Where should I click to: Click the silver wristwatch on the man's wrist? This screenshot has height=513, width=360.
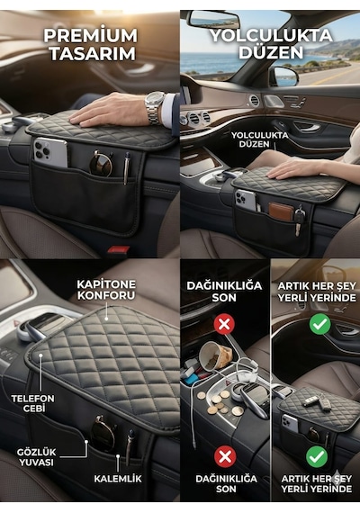155,108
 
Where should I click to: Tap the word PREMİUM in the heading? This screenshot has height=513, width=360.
91,36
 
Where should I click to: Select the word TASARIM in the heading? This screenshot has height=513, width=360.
93,54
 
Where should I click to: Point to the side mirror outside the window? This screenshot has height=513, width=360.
285,76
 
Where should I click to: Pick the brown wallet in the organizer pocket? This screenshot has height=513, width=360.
281,211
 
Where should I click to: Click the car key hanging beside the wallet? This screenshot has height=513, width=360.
299,220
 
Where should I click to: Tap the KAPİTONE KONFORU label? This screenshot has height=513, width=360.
106,290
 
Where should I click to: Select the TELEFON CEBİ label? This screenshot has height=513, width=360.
32,403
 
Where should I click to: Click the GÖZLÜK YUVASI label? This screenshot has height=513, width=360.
36,457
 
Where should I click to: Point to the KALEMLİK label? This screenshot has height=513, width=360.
118,479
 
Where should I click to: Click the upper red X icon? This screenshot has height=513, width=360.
224,324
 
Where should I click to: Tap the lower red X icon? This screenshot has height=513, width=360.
225,456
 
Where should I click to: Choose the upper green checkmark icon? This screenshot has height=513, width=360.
319,324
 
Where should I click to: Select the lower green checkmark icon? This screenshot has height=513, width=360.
317,456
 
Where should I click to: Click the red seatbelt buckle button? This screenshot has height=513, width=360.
119,249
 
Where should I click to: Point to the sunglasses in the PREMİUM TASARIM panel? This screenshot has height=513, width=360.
101,163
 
